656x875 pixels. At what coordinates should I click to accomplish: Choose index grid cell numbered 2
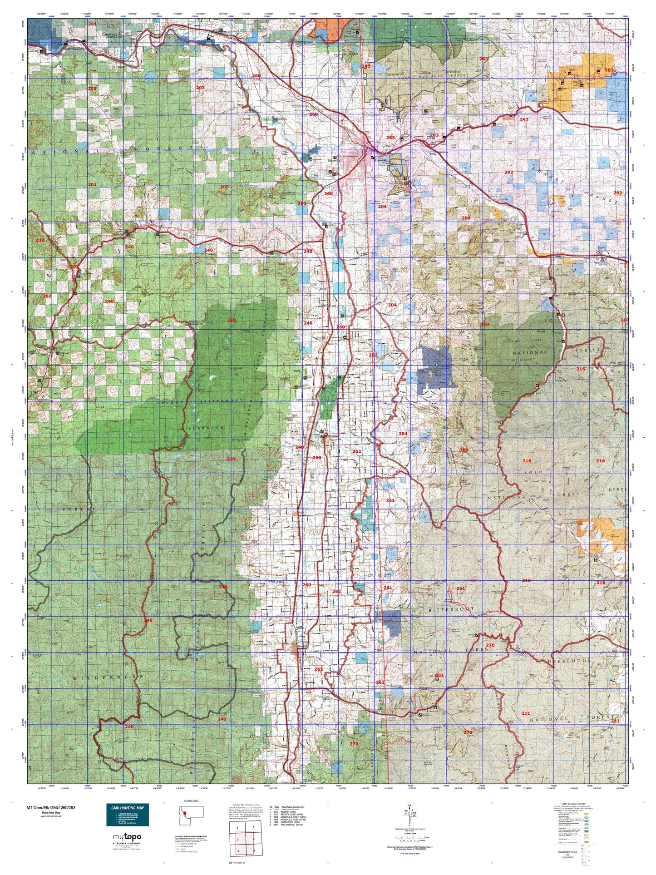click(253, 827)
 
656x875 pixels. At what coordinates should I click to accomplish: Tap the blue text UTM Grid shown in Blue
click(410, 853)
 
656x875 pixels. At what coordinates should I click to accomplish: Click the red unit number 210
click(624, 320)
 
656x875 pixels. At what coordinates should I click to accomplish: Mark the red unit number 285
click(366, 66)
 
